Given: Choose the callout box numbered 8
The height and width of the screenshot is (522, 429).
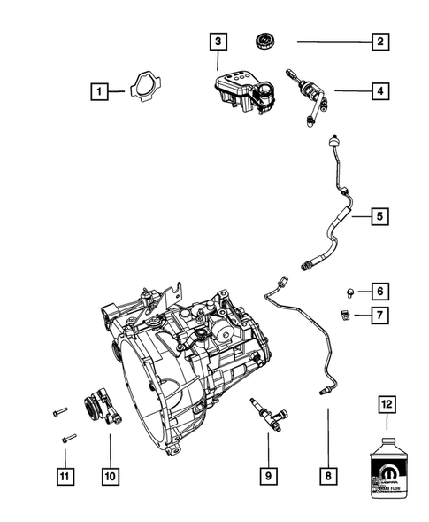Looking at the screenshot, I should [326, 477].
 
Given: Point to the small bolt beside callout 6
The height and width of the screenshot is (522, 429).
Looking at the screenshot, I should [350, 290].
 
